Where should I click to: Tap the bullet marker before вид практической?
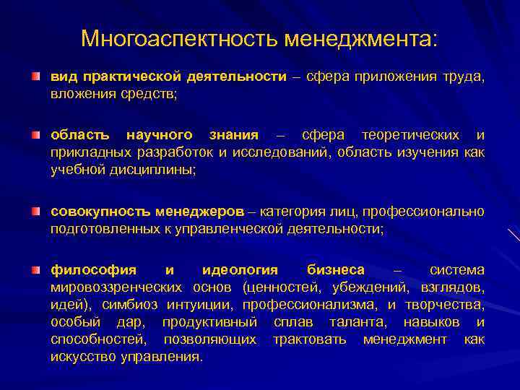[x=35, y=76]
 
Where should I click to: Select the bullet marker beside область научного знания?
[x=35, y=134]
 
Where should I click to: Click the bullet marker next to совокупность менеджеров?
[x=35, y=211]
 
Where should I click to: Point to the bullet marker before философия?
[x=35, y=269]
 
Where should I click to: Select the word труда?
[x=463, y=77]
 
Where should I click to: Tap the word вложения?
[x=77, y=94]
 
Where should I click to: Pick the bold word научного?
[x=160, y=135]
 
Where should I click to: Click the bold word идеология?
[x=240, y=270]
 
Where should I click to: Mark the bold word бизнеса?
[x=336, y=270]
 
